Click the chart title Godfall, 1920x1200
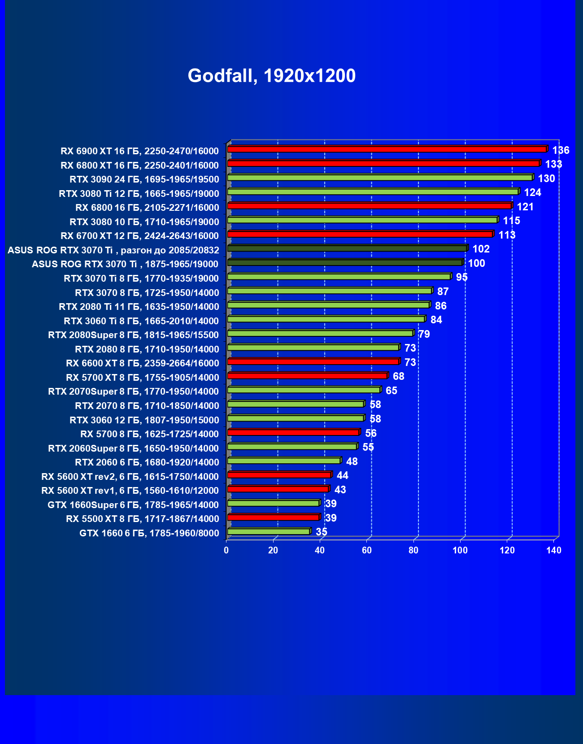tap(271, 76)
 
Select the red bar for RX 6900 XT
tap(387, 149)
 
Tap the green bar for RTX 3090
tap(380, 178)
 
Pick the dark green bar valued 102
tap(347, 248)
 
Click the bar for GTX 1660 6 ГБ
tap(268, 532)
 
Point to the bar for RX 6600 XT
tap(313, 362)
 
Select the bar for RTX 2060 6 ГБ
tap(283, 461)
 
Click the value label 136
tap(561, 150)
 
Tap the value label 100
tap(476, 263)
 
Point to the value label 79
tap(424, 334)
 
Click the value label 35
tap(322, 532)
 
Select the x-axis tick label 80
tap(413, 550)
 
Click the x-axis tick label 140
tap(554, 550)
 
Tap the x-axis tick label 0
tap(226, 550)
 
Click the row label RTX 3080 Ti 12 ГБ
tap(139, 194)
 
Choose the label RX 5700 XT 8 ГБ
tap(143, 378)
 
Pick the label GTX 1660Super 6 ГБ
tap(133, 505)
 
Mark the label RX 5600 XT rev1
tap(130, 491)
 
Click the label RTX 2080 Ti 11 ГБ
tap(139, 307)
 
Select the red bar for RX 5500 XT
tap(273, 518)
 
